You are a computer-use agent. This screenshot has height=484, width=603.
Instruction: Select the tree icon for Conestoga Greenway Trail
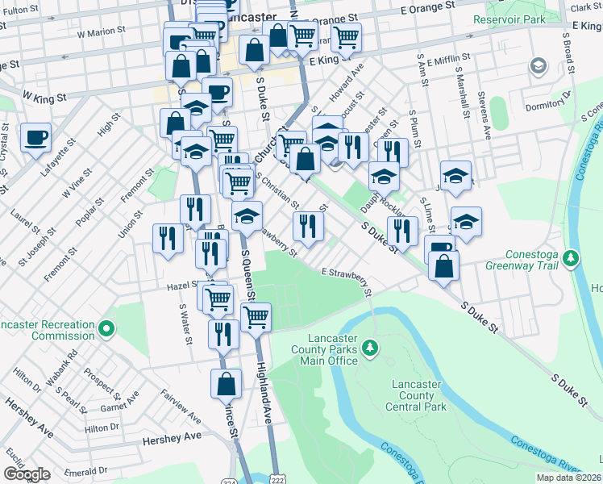coord(572,258)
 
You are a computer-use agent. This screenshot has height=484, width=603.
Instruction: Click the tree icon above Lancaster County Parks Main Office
coord(371,348)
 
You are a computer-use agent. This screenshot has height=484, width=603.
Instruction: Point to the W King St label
coord(44,95)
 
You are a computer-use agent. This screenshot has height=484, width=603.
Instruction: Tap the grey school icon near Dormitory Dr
coord(539,67)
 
